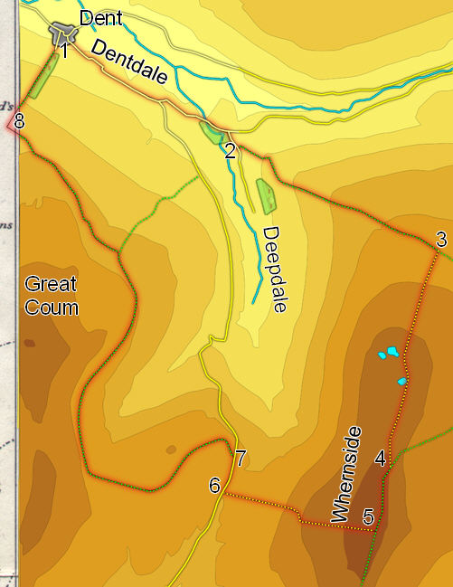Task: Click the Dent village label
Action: pos(99,18)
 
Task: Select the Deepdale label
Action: pos(275,270)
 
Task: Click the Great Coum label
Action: pos(51,296)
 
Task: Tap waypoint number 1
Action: pos(64,52)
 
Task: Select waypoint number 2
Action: pos(230,151)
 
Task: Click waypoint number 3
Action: pos(441,240)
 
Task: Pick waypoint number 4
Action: pos(381,459)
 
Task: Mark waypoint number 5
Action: pos(368,517)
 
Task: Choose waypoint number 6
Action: pos(214,486)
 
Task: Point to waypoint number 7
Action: pos(240,458)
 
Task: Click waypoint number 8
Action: pos(19,118)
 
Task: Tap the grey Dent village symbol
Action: pos(63,33)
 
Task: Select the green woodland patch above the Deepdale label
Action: pos(267,196)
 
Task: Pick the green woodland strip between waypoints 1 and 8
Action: pos(41,81)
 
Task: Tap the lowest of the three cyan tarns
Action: pos(401,382)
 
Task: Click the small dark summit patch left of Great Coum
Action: pos(30,343)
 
